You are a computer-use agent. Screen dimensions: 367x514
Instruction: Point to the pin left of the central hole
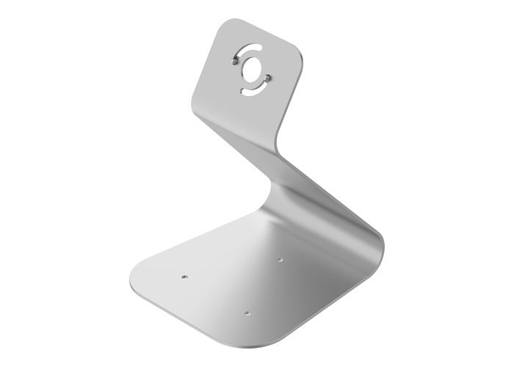click(234, 63)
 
